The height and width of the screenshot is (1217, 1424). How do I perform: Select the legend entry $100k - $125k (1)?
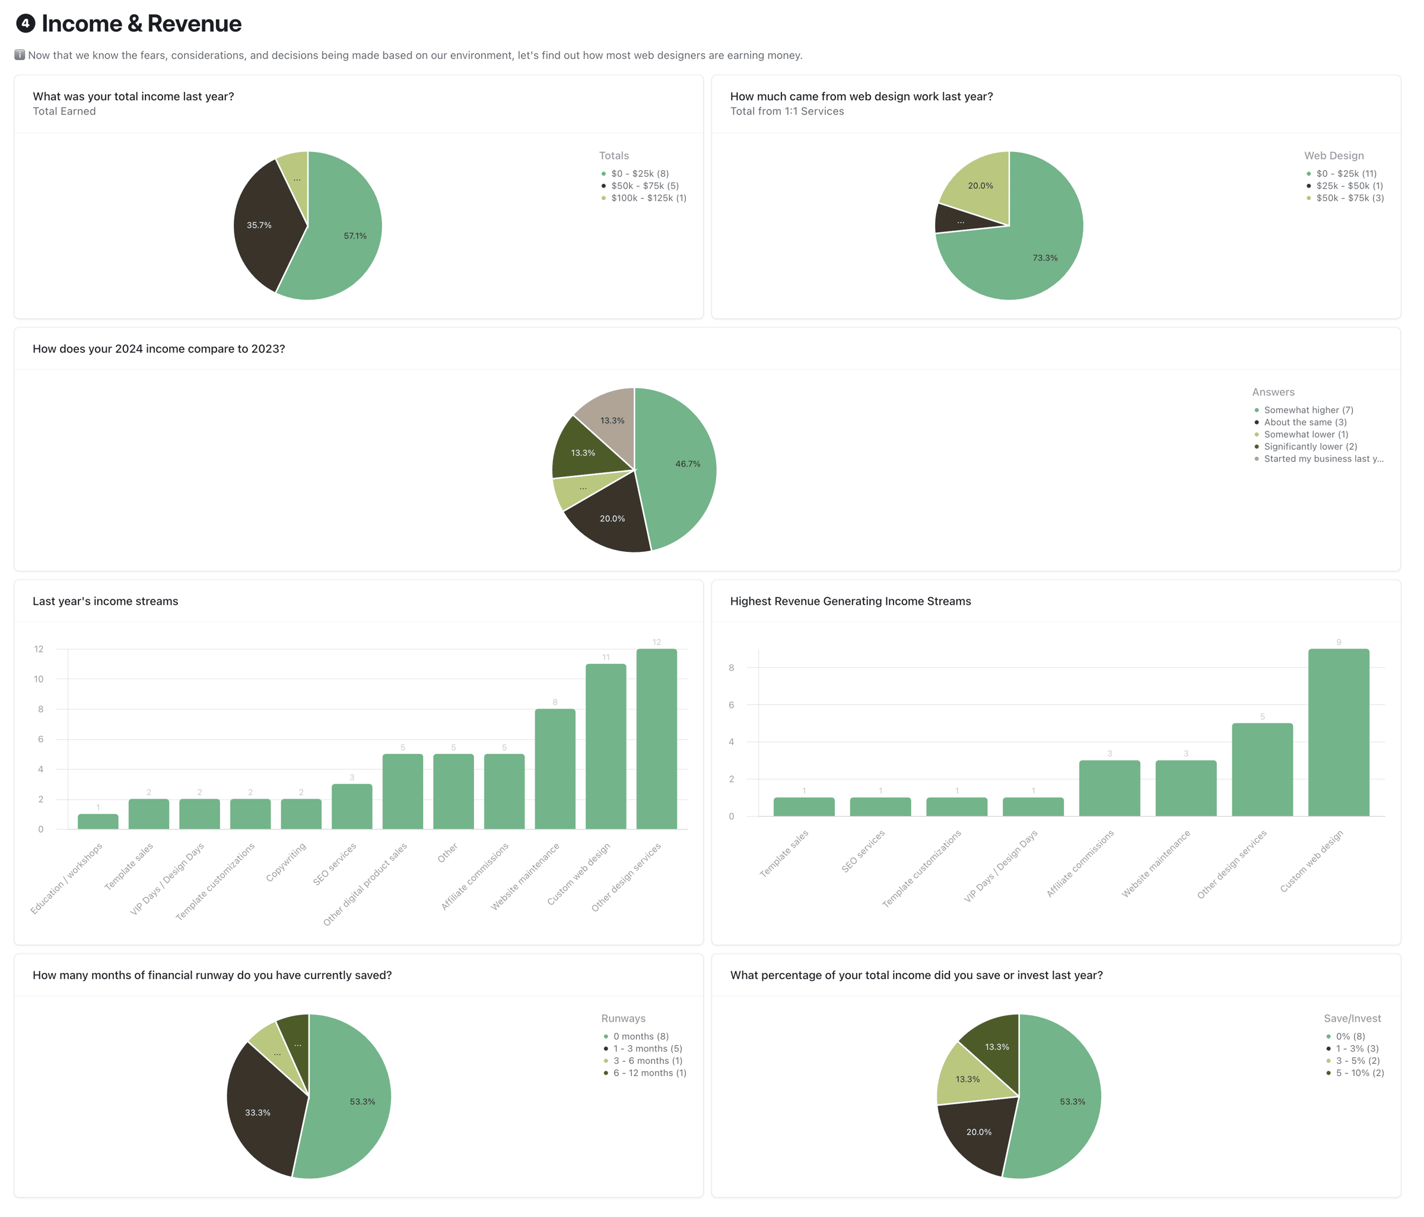coord(648,198)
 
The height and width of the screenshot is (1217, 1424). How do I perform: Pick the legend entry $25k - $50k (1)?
coord(1349,186)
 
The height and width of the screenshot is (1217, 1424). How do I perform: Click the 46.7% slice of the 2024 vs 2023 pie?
coord(681,464)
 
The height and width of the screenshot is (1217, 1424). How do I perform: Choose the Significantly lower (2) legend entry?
coord(1310,447)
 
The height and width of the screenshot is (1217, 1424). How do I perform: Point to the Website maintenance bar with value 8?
coord(555,769)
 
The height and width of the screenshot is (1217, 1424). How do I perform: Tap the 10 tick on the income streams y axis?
coord(39,679)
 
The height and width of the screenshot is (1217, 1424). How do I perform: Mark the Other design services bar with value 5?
coord(1262,770)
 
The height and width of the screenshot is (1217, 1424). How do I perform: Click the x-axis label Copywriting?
coord(286,862)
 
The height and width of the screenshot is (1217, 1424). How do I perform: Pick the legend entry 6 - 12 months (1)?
coord(650,1073)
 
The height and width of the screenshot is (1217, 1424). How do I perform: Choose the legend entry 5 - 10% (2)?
coord(1359,1073)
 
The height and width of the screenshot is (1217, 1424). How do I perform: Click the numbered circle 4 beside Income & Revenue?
coord(26,23)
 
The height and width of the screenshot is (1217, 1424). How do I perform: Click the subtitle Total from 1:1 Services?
coord(787,112)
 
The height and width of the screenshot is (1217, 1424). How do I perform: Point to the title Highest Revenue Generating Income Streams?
coord(850,601)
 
